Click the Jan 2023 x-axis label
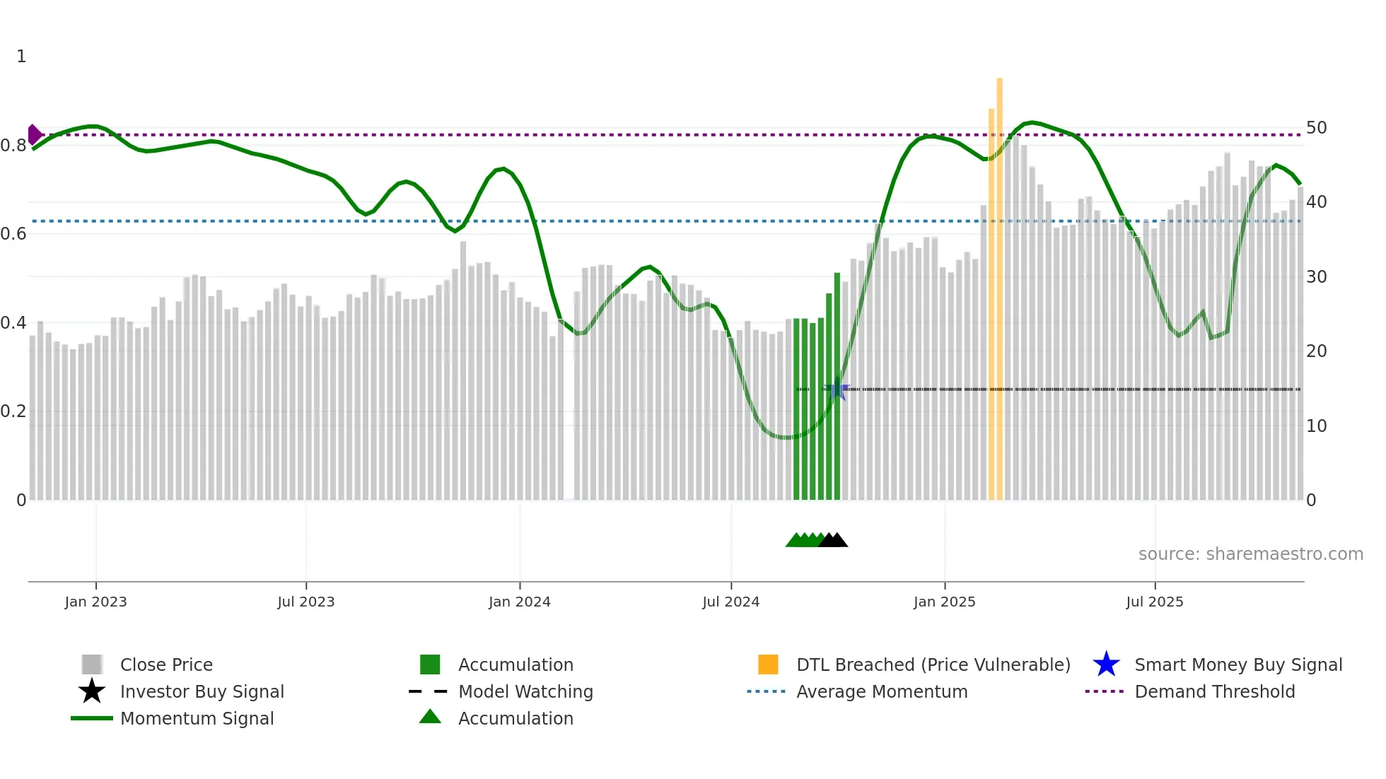click(95, 602)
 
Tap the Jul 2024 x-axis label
click(730, 602)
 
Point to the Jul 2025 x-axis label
click(1154, 602)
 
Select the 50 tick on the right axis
click(1316, 128)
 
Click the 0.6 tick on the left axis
click(13, 234)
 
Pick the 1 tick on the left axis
click(21, 57)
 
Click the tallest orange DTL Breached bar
click(999, 283)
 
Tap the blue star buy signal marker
click(838, 389)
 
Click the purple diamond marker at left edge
click(34, 134)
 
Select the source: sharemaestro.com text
click(1250, 554)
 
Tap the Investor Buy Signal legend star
click(92, 691)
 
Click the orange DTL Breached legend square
click(768, 664)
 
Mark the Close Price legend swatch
click(92, 664)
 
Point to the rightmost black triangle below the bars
click(838, 540)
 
